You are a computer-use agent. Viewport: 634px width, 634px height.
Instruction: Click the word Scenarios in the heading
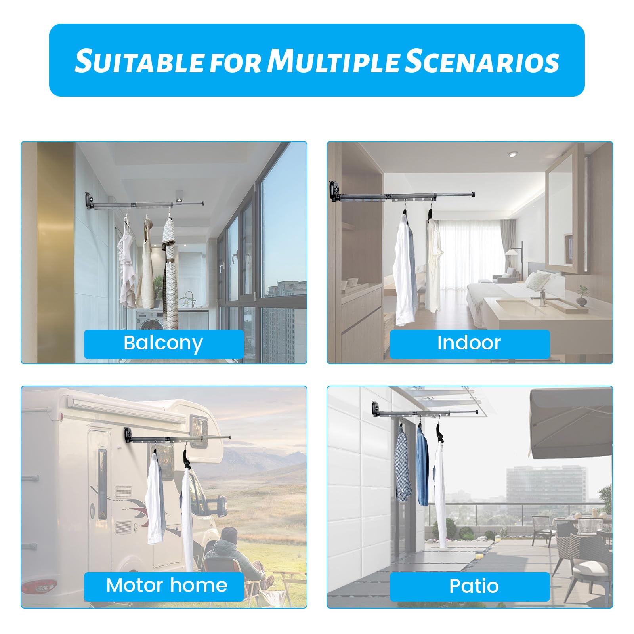[482, 61]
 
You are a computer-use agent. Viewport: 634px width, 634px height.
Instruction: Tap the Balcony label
[163, 343]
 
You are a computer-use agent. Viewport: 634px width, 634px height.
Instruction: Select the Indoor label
[469, 343]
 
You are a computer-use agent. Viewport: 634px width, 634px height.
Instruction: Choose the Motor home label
[166, 586]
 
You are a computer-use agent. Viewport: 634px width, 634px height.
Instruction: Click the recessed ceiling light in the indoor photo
[512, 154]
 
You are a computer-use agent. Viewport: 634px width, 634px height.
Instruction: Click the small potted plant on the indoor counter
[582, 295]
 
